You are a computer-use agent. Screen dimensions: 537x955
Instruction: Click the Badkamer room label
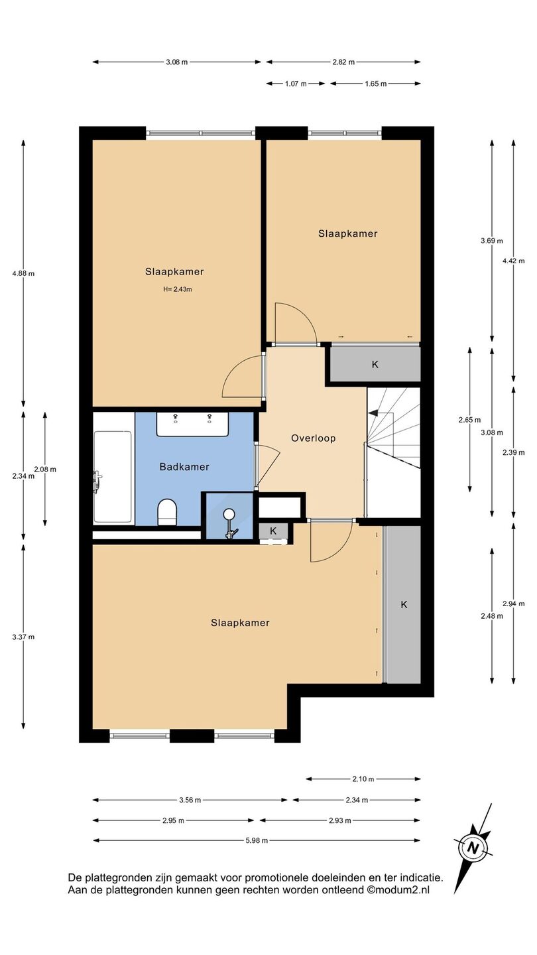click(x=184, y=467)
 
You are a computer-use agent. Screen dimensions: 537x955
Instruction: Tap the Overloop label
click(x=313, y=438)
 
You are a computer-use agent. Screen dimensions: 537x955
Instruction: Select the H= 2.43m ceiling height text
click(x=177, y=289)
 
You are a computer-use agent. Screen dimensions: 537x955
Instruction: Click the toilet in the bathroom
click(x=167, y=512)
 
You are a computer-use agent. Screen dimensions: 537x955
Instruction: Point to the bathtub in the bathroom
click(x=113, y=477)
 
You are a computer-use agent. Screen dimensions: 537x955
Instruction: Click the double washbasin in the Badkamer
click(x=193, y=424)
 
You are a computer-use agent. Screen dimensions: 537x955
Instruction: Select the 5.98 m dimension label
click(x=257, y=840)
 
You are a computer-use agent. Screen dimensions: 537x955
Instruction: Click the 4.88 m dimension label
click(x=23, y=273)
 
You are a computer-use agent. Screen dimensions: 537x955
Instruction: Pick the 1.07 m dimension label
click(x=296, y=84)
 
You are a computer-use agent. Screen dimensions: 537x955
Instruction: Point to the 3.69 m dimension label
click(x=491, y=241)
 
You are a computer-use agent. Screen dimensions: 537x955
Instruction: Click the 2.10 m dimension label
click(x=363, y=779)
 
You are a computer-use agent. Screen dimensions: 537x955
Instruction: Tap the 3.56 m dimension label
click(x=190, y=800)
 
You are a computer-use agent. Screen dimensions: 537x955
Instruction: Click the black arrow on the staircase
click(x=373, y=413)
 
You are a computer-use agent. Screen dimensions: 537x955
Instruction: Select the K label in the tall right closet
click(x=404, y=605)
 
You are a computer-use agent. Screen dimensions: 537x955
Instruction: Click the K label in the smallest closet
click(x=273, y=531)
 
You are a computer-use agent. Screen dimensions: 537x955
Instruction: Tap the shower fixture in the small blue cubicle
click(x=230, y=523)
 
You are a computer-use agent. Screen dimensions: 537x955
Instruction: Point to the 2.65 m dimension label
click(x=469, y=420)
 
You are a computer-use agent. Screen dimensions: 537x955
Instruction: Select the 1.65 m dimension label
click(x=375, y=84)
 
